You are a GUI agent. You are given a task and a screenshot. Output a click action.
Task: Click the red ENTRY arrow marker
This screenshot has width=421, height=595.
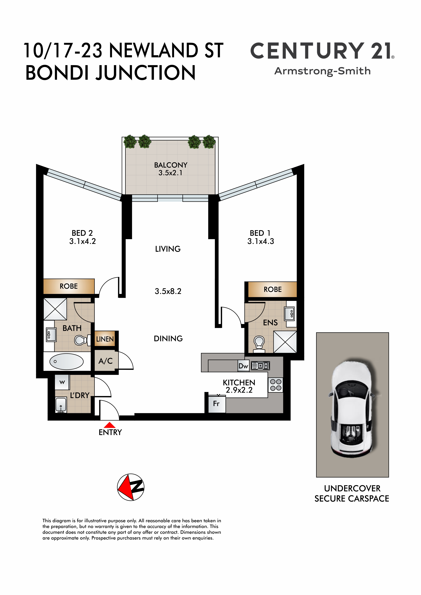109,425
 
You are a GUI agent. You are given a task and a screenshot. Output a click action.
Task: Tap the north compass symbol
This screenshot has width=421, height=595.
131,487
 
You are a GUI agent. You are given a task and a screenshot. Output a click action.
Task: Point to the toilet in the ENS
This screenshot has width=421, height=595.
259,344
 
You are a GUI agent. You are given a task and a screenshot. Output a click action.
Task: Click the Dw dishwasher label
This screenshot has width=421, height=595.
243,366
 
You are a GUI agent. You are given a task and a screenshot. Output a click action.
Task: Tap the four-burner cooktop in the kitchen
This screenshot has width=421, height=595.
276,385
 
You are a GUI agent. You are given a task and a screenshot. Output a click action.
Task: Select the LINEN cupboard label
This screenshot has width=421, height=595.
105,339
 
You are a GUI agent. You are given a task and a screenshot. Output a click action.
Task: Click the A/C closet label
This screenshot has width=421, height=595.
106,361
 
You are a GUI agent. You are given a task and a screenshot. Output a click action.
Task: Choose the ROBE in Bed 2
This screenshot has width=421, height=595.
69,286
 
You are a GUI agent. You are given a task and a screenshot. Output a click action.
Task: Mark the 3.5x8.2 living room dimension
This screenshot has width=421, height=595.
168,291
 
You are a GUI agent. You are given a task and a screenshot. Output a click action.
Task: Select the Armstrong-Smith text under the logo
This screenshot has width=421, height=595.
322,71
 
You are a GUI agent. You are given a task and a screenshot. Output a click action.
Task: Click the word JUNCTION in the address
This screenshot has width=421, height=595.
146,73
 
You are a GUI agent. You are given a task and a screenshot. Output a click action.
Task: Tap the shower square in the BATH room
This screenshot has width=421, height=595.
55,309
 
